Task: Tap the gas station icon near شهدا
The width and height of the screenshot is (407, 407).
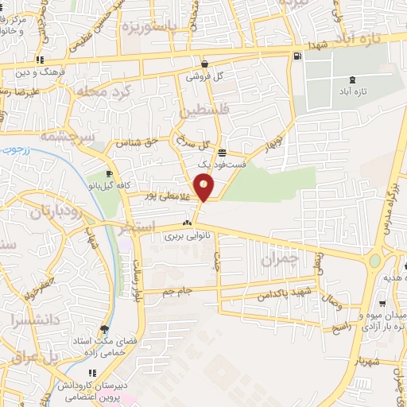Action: click(x=297, y=56)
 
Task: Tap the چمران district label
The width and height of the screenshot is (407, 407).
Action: click(x=282, y=258)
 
